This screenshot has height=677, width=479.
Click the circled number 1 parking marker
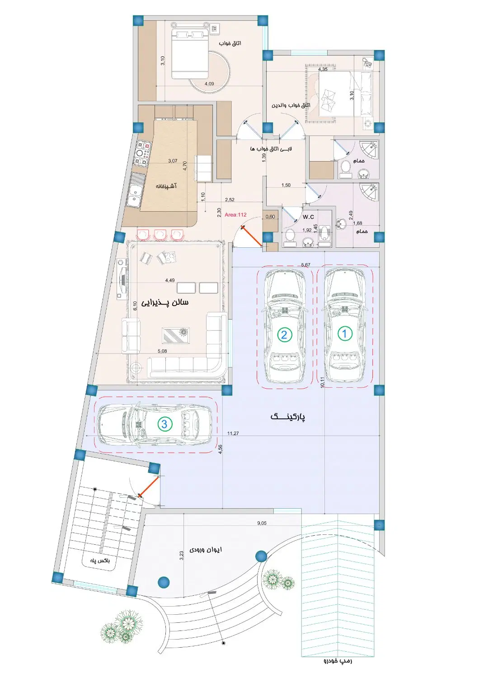point(344,334)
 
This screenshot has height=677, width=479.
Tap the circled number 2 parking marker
point(284,335)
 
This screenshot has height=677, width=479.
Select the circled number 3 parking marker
point(164,424)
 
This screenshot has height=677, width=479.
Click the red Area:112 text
point(235,214)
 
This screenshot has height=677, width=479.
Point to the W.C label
point(308,217)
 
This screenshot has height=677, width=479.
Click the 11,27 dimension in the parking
point(233,433)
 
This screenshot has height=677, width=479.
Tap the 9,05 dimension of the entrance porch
point(262,523)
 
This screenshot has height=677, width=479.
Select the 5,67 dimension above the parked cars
point(305,265)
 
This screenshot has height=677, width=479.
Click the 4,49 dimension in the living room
point(170,280)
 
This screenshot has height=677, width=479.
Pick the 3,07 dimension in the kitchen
point(173,161)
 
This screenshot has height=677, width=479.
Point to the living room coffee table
point(176,335)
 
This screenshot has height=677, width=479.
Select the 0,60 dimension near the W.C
point(270,217)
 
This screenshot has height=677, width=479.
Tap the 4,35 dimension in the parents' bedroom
point(323,69)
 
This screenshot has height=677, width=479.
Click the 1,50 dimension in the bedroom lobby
point(286,185)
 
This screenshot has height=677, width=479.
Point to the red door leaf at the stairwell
point(149,487)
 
